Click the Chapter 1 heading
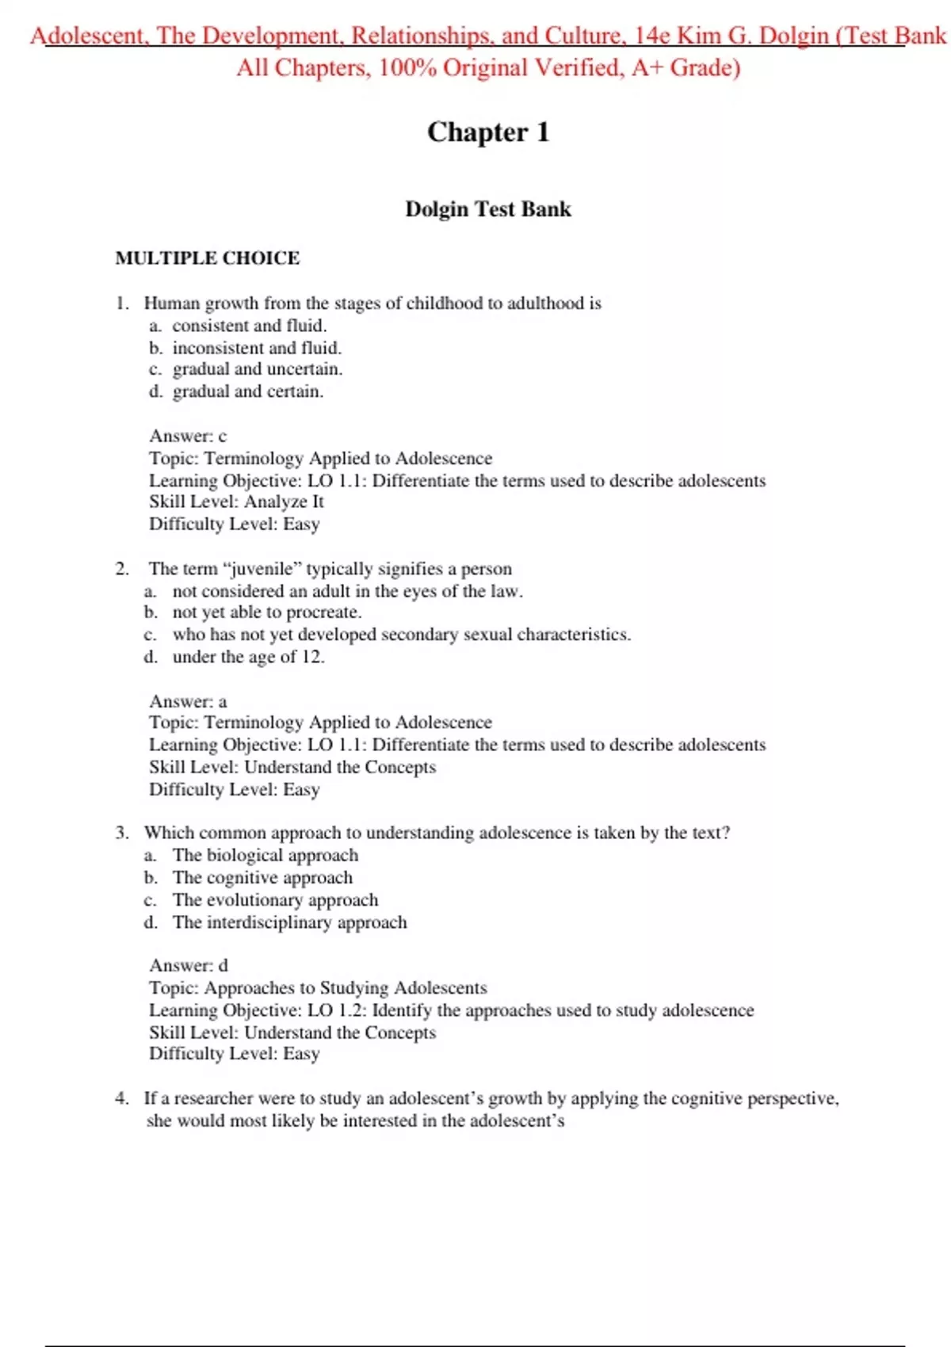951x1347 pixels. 487,132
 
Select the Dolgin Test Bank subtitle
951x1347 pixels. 487,209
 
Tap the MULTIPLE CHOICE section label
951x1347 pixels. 208,258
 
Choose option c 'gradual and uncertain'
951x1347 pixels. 257,369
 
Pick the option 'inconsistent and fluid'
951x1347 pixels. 257,348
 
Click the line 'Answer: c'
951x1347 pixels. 188,436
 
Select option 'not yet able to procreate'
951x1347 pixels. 266,612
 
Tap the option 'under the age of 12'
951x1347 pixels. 248,657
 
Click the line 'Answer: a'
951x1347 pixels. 188,701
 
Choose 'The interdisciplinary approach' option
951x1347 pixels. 289,922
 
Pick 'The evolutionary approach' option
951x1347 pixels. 275,900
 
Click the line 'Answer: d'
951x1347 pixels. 189,965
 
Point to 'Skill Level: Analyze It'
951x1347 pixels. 236,502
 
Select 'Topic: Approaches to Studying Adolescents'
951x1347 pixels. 318,988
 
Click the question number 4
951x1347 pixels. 121,1098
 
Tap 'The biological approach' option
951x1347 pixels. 265,856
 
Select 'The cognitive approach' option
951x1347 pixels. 262,878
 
